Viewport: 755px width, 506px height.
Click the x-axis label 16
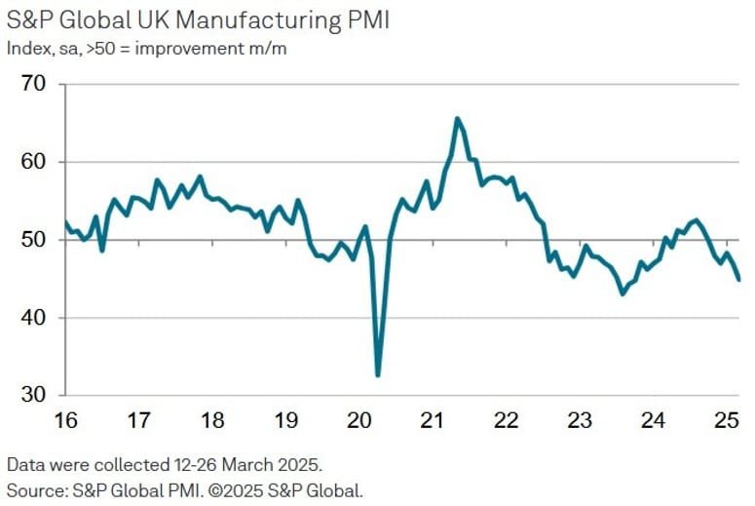pos(64,421)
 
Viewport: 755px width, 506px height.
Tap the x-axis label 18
pos(211,421)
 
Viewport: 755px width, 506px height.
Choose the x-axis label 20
pos(359,421)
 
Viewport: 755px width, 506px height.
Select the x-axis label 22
pos(506,421)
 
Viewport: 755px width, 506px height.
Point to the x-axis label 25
pos(726,421)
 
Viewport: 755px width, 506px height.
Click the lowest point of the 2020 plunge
pos(377,375)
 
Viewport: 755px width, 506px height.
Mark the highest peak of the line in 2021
pos(457,119)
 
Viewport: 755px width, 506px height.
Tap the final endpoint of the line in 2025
pos(738,280)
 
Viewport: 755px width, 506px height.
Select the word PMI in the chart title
pos(365,20)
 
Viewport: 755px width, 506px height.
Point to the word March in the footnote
pos(234,463)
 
